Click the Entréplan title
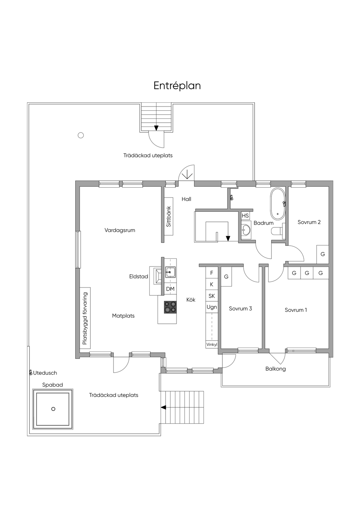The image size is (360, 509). pyautogui.click(x=177, y=86)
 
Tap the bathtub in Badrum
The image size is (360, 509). pyautogui.click(x=277, y=204)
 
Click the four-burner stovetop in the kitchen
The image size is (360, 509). pyautogui.click(x=170, y=307)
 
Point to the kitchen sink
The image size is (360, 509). pyautogui.click(x=170, y=272)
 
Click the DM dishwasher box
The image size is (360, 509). pyautogui.click(x=170, y=289)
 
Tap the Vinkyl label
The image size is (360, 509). pyautogui.click(x=212, y=344)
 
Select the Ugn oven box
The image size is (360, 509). pyautogui.click(x=212, y=307)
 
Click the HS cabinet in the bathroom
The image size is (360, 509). pyautogui.click(x=245, y=215)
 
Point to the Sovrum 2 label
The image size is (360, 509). pyautogui.click(x=309, y=222)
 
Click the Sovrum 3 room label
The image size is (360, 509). pyautogui.click(x=240, y=308)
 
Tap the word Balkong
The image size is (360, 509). pyautogui.click(x=276, y=369)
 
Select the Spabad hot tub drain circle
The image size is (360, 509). pyautogui.click(x=53, y=409)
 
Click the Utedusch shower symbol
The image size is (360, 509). pyautogui.click(x=31, y=372)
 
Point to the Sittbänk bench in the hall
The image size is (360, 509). pyautogui.click(x=168, y=216)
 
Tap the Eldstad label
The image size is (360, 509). pyautogui.click(x=139, y=276)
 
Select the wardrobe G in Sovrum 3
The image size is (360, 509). pyautogui.click(x=226, y=277)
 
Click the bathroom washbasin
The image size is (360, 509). pyautogui.click(x=246, y=230)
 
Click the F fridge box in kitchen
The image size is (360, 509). pyautogui.click(x=212, y=273)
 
